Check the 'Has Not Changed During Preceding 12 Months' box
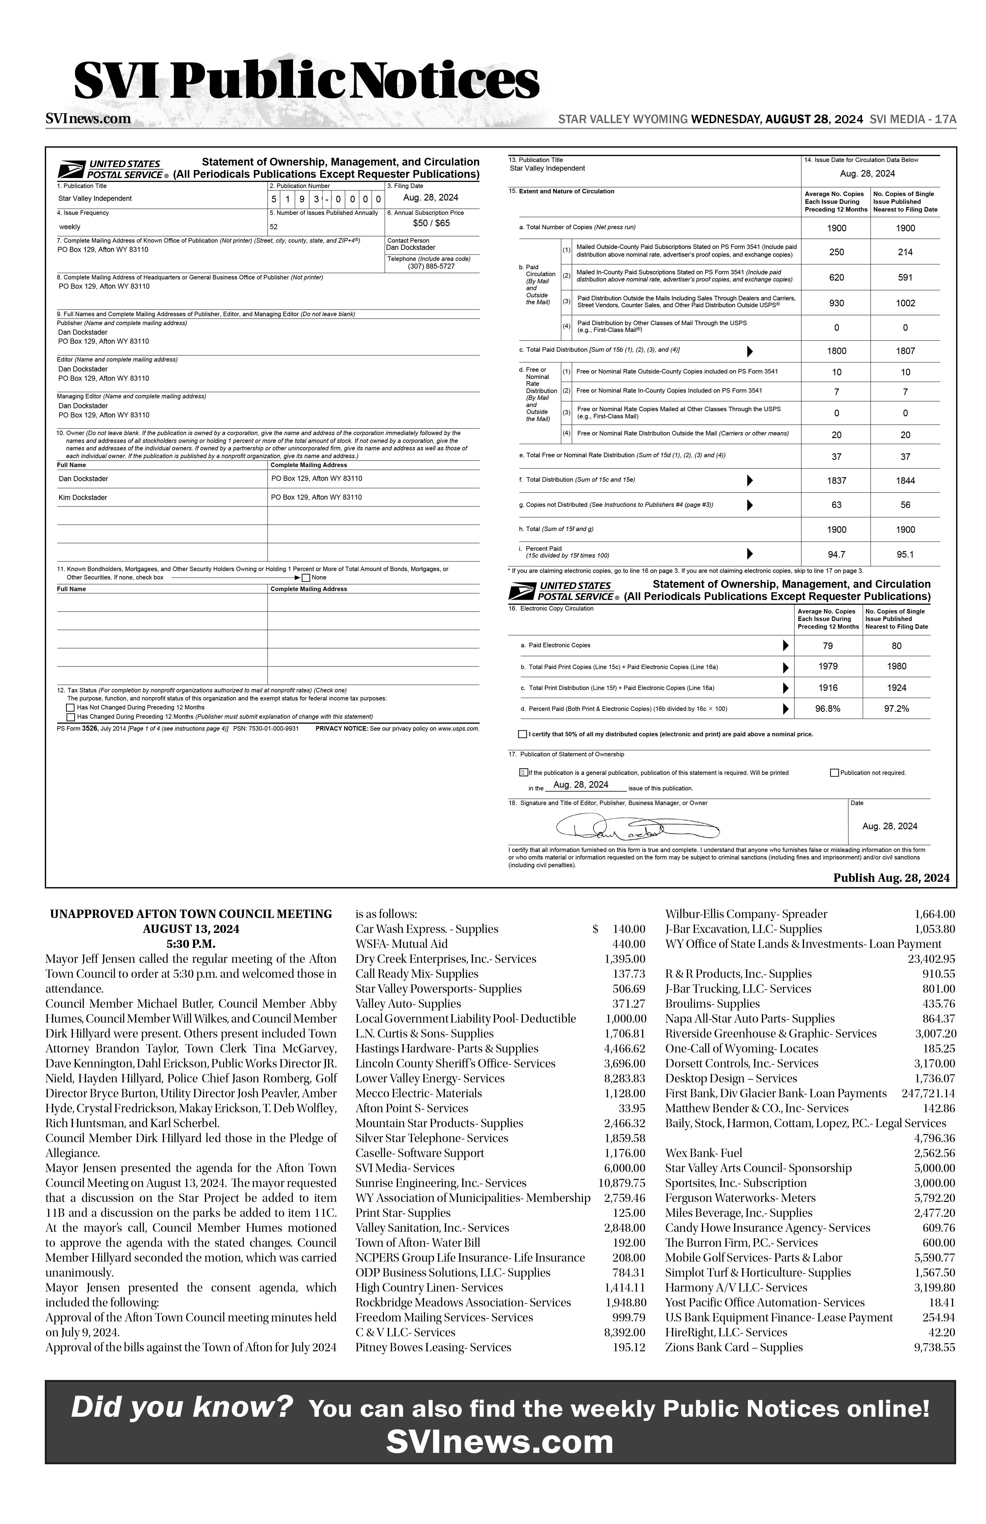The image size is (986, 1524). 71,708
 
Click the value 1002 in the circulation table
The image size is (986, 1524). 905,304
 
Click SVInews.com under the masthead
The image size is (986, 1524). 88,118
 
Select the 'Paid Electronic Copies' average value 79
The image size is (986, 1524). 828,646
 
